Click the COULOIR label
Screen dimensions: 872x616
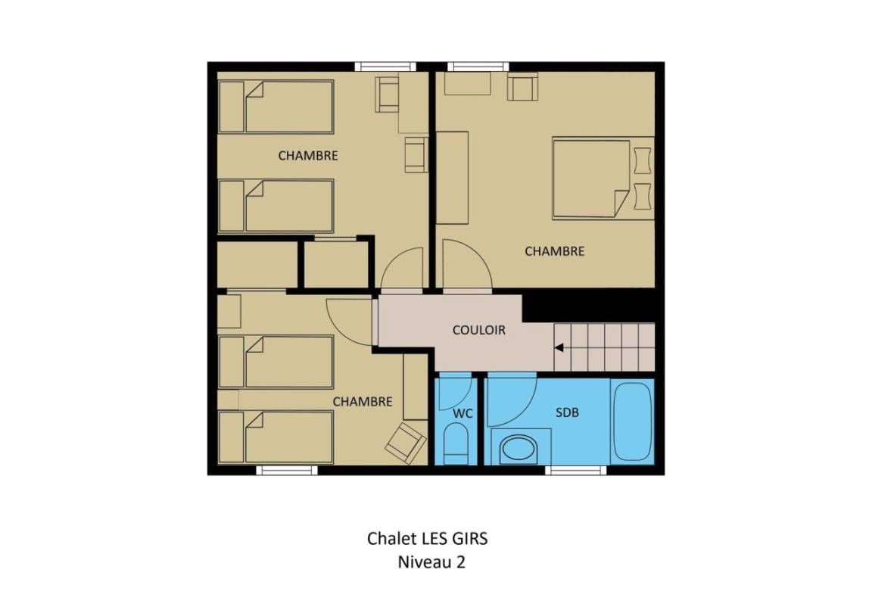click(479, 330)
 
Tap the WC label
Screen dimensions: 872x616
click(462, 414)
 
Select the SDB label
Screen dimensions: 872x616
click(567, 412)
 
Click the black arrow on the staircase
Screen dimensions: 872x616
click(559, 348)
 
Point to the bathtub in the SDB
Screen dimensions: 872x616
click(632, 421)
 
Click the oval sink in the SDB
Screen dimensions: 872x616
click(519, 449)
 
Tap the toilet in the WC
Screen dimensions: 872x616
click(456, 444)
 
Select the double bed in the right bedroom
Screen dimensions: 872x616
click(603, 179)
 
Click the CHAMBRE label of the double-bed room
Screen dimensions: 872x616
click(554, 252)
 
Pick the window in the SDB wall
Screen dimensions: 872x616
click(575, 471)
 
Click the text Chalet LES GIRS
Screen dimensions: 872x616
click(427, 539)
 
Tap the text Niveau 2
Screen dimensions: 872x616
click(431, 562)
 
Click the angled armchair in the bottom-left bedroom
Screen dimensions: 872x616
click(406, 443)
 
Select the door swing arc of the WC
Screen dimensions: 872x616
click(463, 398)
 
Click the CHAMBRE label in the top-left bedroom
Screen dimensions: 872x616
click(308, 156)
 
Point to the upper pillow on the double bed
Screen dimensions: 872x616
click(643, 160)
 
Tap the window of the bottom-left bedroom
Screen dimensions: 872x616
click(286, 471)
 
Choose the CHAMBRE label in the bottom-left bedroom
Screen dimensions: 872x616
click(363, 401)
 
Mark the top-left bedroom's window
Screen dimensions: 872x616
click(385, 67)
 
